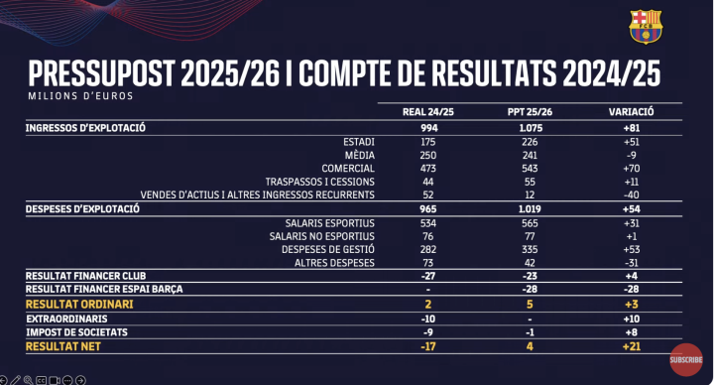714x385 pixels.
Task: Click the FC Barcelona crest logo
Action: (646, 27)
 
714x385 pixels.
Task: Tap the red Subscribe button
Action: (686, 359)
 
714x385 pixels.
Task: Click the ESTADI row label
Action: (357, 141)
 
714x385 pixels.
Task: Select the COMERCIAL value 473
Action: (427, 169)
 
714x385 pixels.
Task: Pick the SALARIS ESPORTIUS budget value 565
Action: (529, 222)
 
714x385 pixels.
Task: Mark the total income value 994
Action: (427, 128)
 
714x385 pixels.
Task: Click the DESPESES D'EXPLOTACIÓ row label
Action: (82, 208)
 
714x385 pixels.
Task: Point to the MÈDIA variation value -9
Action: (631, 155)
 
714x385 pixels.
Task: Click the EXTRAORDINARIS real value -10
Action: (427, 318)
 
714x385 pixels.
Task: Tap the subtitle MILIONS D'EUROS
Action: (80, 96)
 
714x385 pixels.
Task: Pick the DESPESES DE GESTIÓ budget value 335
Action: (529, 249)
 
